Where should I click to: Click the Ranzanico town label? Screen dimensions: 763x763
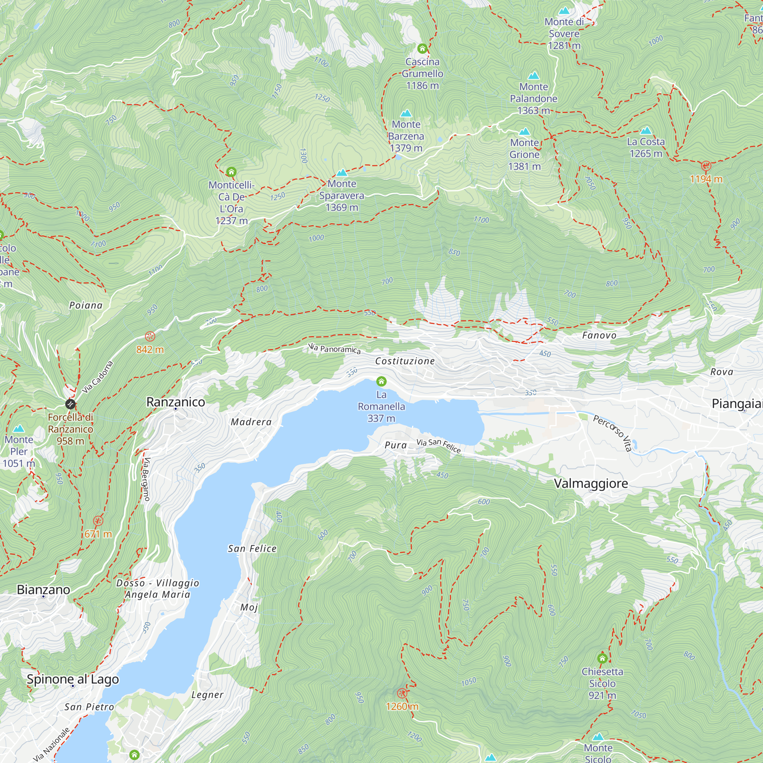click(176, 402)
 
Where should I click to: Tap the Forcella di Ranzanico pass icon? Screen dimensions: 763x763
click(70, 404)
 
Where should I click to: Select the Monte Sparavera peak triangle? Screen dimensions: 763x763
click(342, 172)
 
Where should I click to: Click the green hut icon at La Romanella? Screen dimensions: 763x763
click(381, 381)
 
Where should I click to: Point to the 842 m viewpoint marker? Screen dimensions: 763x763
click(150, 336)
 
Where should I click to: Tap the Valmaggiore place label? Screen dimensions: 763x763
click(591, 483)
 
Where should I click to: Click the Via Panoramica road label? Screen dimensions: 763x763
click(334, 349)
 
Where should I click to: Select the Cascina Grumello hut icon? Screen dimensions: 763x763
click(422, 48)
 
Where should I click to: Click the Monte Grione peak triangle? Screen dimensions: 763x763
click(525, 132)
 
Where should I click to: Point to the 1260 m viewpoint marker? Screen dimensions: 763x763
click(402, 693)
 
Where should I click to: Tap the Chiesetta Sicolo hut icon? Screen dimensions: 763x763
click(602, 658)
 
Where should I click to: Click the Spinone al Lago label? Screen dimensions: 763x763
click(72, 679)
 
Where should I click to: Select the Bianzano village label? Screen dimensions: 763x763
click(43, 590)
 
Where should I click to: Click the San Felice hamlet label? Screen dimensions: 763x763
click(252, 549)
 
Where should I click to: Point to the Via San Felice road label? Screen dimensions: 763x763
click(438, 446)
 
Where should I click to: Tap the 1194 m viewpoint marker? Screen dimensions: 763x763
click(706, 166)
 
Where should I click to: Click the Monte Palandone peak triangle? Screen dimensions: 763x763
click(534, 76)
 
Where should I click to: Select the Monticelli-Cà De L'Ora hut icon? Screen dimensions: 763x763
click(232, 172)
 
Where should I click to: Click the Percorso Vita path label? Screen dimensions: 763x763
click(613, 433)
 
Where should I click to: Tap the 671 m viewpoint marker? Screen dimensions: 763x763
click(98, 521)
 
